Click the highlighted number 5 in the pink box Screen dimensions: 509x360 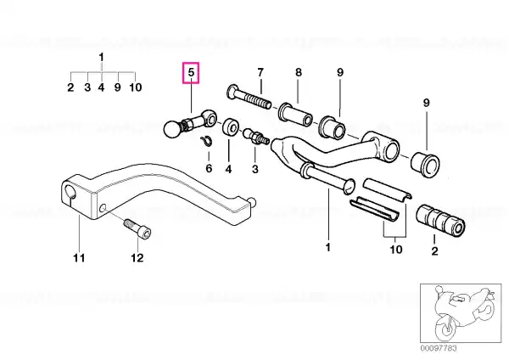point(191,72)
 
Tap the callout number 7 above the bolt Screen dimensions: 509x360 point(260,72)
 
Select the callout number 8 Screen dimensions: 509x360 point(299,72)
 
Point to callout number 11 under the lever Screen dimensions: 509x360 point(79,257)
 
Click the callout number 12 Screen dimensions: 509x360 point(137,257)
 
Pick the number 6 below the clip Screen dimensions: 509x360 point(209,168)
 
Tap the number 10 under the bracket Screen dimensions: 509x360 point(395,250)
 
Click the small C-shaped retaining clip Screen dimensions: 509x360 point(206,141)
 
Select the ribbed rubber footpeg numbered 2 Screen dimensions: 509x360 point(440,220)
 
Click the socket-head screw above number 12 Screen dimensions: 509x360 point(137,228)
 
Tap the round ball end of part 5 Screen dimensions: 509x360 point(173,129)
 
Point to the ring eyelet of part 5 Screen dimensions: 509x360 point(209,118)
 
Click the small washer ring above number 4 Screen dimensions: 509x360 point(231,127)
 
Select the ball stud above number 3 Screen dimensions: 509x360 point(256,136)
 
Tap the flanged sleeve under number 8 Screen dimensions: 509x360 point(295,115)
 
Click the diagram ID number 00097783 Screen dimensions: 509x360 point(439,348)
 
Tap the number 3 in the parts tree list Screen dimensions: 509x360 point(87,87)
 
